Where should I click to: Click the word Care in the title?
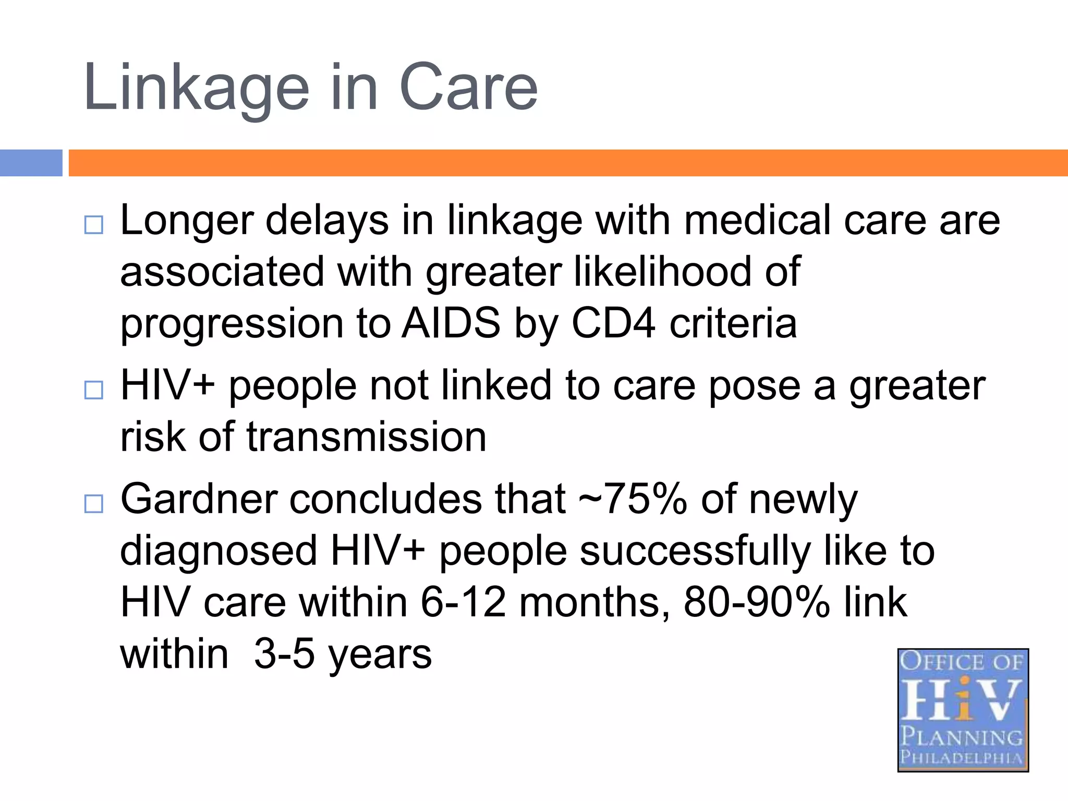468,88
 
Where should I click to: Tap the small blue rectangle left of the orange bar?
31,163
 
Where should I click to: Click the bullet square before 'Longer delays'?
94,225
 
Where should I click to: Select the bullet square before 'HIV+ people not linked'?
94,390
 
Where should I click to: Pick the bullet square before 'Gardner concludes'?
94,504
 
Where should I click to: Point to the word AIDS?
451,323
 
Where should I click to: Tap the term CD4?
613,323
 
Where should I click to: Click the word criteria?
733,323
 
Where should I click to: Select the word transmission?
366,437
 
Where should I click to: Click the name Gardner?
199,499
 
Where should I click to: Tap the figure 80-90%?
757,602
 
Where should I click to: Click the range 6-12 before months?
463,602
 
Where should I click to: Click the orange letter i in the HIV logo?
965,699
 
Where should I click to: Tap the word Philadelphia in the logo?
962,757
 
